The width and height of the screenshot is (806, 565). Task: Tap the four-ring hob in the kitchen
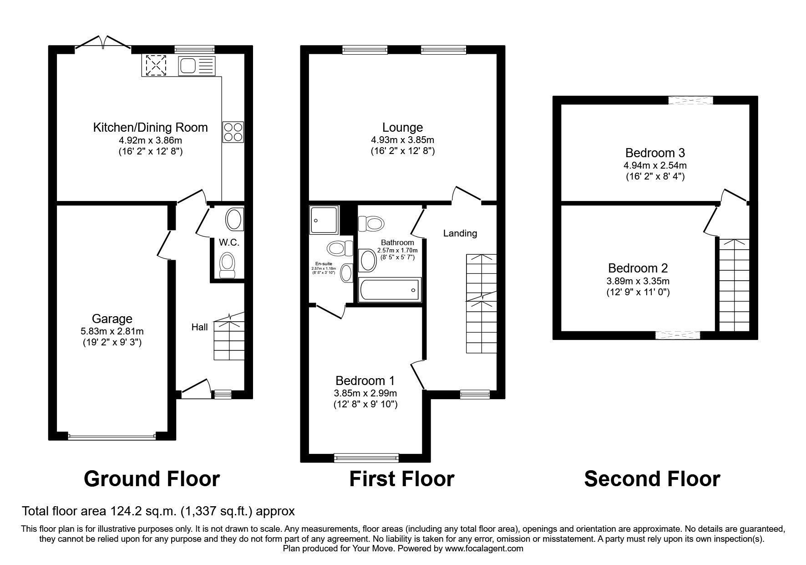coord(233,132)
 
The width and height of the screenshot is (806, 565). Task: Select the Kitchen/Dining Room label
coord(150,127)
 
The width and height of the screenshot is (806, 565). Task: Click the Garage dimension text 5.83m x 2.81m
coord(112,331)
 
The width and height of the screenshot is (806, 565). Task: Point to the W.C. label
coord(229,242)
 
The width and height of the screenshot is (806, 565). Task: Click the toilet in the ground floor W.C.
coord(227,266)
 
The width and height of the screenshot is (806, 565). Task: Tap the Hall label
coord(199,327)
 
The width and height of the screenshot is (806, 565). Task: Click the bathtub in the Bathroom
coord(390,290)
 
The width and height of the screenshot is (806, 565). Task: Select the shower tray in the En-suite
coord(324,220)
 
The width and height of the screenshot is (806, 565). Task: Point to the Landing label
coord(460,233)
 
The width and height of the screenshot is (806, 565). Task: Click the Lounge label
coord(402,128)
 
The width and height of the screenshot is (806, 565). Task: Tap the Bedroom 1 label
coord(365,380)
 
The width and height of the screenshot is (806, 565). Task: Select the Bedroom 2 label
coord(638,268)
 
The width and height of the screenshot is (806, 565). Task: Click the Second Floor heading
coord(652,479)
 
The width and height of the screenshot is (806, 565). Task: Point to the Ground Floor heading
coord(152,479)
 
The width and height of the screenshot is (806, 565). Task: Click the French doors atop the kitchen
coord(103,43)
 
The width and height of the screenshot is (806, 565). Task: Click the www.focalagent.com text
coord(484,549)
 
